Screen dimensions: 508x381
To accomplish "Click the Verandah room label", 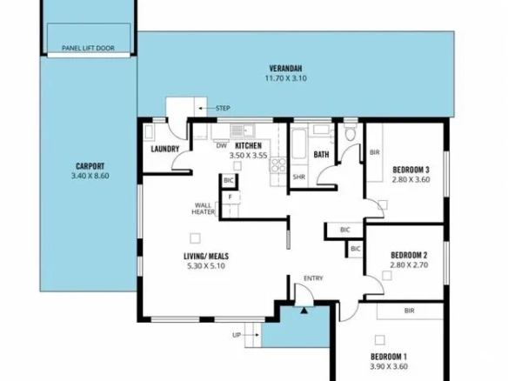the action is (x=285, y=69).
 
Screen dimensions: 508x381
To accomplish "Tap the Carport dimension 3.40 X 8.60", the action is (x=90, y=176).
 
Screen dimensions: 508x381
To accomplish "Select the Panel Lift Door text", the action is (x=88, y=48).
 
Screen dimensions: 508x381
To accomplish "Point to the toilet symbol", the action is (x=350, y=133).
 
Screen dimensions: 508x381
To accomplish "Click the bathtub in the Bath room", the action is (x=298, y=144).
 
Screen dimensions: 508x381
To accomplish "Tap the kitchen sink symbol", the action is (x=243, y=130).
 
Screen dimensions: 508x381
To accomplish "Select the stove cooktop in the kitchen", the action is (x=278, y=165).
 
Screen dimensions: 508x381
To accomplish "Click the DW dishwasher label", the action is (x=222, y=146).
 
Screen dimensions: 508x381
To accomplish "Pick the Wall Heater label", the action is (x=204, y=209).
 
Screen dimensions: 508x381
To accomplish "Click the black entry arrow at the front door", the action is (x=304, y=311).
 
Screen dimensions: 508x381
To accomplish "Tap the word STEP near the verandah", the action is (x=223, y=108).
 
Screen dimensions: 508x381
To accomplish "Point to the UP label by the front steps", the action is (x=237, y=335).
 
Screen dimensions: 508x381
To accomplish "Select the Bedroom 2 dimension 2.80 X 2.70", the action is (x=409, y=265).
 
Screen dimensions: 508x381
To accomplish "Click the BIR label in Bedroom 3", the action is (x=375, y=152).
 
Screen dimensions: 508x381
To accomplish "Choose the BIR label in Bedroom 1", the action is (x=409, y=311).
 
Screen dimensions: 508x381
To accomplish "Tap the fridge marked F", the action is (x=231, y=197).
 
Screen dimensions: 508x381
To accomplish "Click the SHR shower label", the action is (x=298, y=177).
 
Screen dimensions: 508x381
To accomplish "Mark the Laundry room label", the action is (x=165, y=149).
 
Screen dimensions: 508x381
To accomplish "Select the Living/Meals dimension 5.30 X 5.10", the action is (x=206, y=266).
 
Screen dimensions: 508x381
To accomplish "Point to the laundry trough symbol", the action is (x=149, y=132).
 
